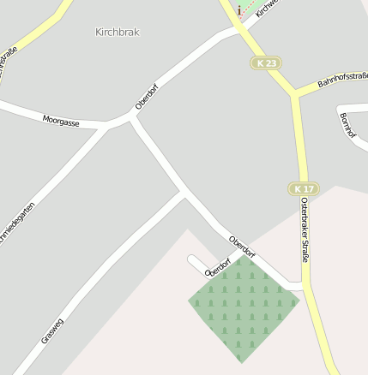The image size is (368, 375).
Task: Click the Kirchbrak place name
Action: tap(117, 32)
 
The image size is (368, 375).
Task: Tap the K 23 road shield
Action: tap(266, 62)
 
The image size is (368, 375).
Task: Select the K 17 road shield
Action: tap(302, 188)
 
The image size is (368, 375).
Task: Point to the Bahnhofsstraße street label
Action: tap(342, 80)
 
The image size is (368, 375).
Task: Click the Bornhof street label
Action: tap(347, 126)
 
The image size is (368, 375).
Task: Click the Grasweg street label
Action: tap(52, 331)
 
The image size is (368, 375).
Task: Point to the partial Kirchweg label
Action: tap(268, 9)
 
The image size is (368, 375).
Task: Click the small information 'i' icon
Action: tap(238, 10)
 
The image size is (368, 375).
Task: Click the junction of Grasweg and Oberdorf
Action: tap(185, 193)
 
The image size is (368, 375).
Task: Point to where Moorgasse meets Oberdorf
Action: tap(130, 120)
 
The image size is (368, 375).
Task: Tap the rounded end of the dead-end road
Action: tap(193, 260)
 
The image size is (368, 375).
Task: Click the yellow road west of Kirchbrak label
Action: tap(34, 34)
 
